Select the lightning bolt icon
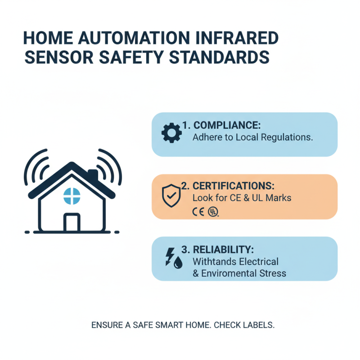[x=170, y=255]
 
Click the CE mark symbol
[x=198, y=211]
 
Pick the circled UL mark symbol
[x=212, y=211]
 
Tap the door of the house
[x=72, y=222]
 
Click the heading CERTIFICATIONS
[x=230, y=186]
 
